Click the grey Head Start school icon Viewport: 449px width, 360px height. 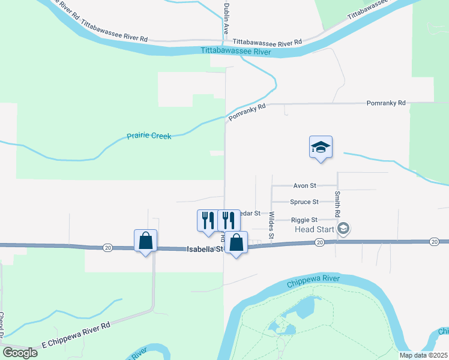coord(344,228)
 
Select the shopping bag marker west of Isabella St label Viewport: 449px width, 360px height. coord(145,241)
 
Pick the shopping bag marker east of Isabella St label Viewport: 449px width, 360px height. coord(237,243)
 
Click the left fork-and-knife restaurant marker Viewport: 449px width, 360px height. coord(207,220)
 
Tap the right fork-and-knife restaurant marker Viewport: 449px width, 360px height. coord(227,220)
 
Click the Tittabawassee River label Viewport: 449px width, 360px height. coord(236,52)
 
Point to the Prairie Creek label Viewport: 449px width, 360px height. coord(149,136)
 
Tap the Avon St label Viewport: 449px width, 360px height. coord(304,186)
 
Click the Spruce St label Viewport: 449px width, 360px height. coord(304,202)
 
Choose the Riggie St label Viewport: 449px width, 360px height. coord(304,220)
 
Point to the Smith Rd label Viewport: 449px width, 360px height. coord(338,204)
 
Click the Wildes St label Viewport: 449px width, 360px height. coord(271,226)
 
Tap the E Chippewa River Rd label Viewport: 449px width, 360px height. coord(76,336)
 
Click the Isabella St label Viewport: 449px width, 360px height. coord(204,248)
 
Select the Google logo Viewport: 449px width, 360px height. coord(20,353)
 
